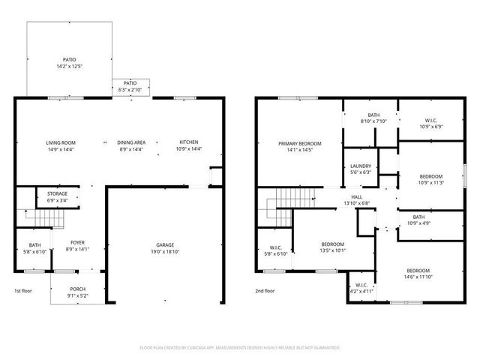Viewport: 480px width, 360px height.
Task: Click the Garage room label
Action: coord(165,245)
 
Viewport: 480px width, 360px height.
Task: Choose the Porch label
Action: coord(78,292)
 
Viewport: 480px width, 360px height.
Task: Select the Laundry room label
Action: coord(361,169)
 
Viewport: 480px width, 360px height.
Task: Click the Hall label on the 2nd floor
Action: coord(356,199)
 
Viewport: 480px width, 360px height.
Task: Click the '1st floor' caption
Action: coord(24,290)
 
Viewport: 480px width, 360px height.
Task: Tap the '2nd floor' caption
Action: coord(265,290)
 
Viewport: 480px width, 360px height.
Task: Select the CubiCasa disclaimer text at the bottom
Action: coord(239,348)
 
